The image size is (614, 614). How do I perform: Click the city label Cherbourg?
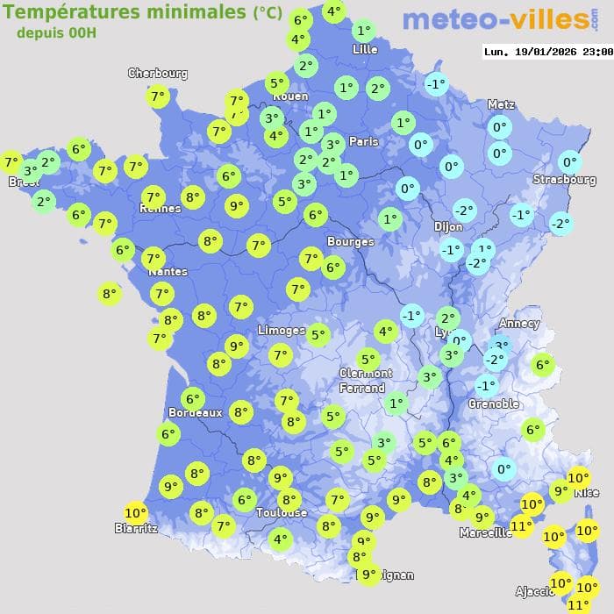pos(158,74)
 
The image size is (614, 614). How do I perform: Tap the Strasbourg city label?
pos(564,180)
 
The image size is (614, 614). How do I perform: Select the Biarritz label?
pos(136,528)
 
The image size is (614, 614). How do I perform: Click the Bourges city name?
pos(350,241)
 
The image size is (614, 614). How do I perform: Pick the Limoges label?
pos(281,331)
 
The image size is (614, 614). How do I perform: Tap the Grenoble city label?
pos(493,404)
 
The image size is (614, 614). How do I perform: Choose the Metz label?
pos(500,104)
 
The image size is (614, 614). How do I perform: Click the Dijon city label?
pos(447,226)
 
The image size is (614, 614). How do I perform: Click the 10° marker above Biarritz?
pos(135,513)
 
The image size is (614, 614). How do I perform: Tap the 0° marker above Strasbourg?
pos(570,162)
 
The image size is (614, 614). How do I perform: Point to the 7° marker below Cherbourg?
pos(158,96)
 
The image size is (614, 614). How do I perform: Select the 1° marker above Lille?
pos(364,31)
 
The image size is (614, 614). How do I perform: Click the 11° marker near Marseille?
pos(521,526)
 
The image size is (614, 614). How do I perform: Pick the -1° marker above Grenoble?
pos(486,385)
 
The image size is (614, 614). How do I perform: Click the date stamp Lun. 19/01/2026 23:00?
pos(547,52)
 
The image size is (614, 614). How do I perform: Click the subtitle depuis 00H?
pos(56,32)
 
